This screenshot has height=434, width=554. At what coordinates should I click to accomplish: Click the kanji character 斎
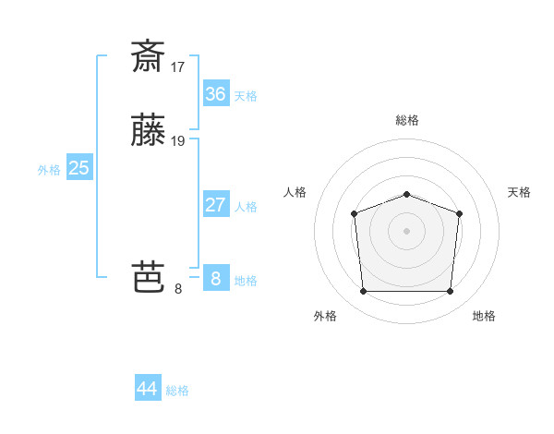[x=148, y=56]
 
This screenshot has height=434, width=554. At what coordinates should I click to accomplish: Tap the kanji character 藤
[x=148, y=132]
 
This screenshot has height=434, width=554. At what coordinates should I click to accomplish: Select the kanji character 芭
[x=148, y=277]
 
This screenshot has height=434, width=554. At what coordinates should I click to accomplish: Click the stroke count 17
[x=178, y=66]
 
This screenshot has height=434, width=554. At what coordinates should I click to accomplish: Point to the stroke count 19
[x=178, y=141]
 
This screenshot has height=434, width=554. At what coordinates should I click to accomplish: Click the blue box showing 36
[x=216, y=93]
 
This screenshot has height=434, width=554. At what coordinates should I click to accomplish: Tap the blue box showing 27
[x=216, y=204]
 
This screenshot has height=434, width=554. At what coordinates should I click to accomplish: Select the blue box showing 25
[x=79, y=168]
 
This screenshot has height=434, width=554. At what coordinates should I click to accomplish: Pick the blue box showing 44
[x=148, y=389]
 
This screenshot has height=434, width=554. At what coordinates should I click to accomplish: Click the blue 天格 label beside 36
[x=246, y=96]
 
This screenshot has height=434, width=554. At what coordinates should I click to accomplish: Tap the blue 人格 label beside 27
[x=246, y=207]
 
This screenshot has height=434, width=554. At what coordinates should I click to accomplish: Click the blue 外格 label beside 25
[x=49, y=170]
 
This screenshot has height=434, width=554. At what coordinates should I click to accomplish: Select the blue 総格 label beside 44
[x=177, y=391]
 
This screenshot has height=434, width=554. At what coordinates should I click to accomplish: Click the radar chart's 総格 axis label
[x=407, y=120]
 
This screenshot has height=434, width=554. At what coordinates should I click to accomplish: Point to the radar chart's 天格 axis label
[x=519, y=192]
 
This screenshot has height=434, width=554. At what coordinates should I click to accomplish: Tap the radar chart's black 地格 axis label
[x=484, y=316]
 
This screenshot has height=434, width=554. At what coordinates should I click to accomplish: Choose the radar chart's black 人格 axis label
[x=295, y=192]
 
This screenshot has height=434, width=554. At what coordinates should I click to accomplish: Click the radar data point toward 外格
[x=363, y=292]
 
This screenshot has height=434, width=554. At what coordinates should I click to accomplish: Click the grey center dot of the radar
[x=407, y=230]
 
